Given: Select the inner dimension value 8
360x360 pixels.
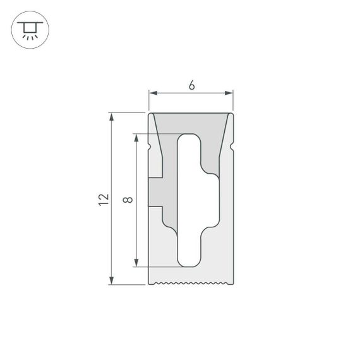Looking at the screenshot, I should click(x=128, y=200).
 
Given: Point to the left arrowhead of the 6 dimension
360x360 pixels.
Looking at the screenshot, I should click(x=152, y=93).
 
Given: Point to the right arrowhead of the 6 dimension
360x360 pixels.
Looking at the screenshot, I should click(x=231, y=93).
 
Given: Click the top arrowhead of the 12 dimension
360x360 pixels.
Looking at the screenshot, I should click(x=112, y=116).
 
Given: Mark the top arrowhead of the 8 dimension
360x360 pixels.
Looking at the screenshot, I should click(x=136, y=137).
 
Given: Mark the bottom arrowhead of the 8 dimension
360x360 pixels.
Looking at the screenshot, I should click(x=136, y=263).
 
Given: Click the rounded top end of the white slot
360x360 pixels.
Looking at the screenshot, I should click(x=188, y=138).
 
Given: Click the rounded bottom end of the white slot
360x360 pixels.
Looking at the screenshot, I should click(x=188, y=261).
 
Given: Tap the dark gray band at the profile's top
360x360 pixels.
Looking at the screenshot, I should click(x=191, y=123).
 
